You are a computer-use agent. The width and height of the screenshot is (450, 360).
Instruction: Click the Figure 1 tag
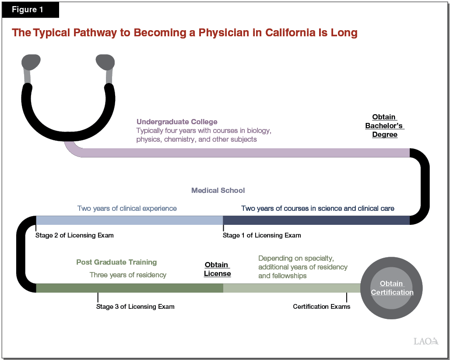click(x=28, y=10)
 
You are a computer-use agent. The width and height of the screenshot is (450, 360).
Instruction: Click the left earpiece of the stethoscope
click(x=31, y=63)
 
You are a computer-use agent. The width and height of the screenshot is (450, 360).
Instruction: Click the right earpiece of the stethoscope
click(x=105, y=62)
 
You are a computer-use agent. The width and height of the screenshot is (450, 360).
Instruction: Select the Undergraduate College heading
click(x=177, y=122)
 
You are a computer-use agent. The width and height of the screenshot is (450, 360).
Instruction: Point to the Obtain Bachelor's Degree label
click(x=384, y=126)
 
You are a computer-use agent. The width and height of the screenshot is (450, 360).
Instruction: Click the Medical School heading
click(x=218, y=190)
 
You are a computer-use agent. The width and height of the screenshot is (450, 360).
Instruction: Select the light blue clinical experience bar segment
click(x=129, y=220)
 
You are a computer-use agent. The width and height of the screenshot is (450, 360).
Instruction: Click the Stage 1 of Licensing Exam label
click(x=262, y=235)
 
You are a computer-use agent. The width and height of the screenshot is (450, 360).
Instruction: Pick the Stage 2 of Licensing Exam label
click(x=74, y=235)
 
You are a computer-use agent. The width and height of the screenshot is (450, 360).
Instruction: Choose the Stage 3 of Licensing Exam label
click(x=135, y=307)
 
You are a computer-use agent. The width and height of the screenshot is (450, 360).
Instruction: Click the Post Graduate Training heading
click(x=116, y=262)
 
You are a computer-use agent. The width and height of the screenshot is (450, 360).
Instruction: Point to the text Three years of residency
click(x=128, y=275)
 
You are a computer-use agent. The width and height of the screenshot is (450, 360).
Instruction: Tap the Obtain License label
click(x=217, y=269)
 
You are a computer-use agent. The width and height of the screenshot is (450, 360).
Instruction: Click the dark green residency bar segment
click(x=129, y=288)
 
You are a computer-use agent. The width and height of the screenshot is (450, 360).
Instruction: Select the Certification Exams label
click(x=321, y=307)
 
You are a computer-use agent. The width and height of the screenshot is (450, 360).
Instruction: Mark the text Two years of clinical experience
click(x=127, y=208)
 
